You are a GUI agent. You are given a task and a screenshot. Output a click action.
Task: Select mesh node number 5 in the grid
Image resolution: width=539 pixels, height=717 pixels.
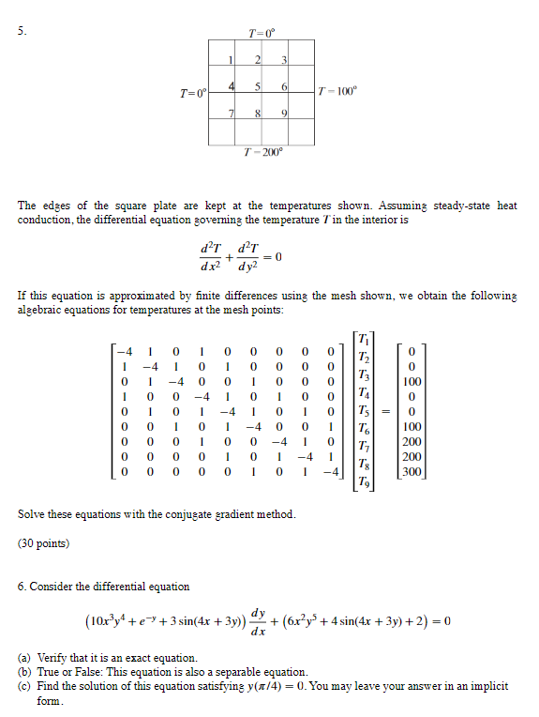pyautogui.click(x=257, y=87)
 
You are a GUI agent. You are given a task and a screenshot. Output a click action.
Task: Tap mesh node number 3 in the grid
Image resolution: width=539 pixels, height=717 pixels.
pyautogui.click(x=282, y=61)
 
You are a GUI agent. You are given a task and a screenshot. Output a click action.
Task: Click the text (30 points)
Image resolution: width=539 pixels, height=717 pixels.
pyautogui.click(x=43, y=542)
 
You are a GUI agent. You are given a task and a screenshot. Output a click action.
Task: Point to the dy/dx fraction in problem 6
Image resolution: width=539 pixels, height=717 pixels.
pyautogui.click(x=259, y=622)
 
